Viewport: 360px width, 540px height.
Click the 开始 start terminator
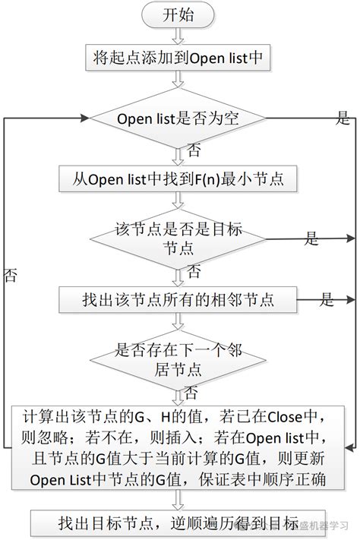[178, 15]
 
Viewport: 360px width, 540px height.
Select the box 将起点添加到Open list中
[177, 57]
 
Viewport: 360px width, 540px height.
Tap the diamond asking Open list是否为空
[178, 118]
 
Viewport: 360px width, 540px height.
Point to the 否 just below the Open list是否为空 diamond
[194, 147]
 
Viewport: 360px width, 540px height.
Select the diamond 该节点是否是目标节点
[178, 238]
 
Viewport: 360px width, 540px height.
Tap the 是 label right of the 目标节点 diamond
[312, 238]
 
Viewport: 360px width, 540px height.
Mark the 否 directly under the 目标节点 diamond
[194, 270]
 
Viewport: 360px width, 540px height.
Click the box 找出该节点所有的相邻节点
[177, 299]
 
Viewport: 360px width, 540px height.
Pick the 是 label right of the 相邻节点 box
[327, 299]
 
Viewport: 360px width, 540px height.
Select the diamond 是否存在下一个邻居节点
[178, 359]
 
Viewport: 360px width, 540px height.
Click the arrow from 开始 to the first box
[177, 35]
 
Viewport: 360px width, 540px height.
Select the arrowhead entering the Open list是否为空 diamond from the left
[85, 118]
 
